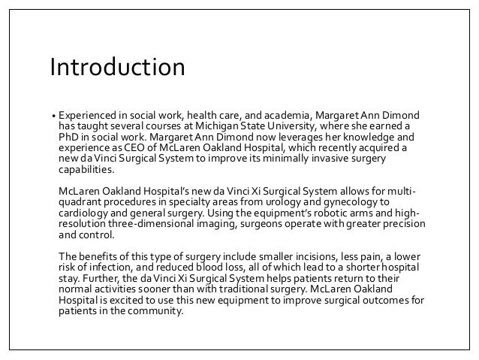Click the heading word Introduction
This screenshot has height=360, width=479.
[x=117, y=68]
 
